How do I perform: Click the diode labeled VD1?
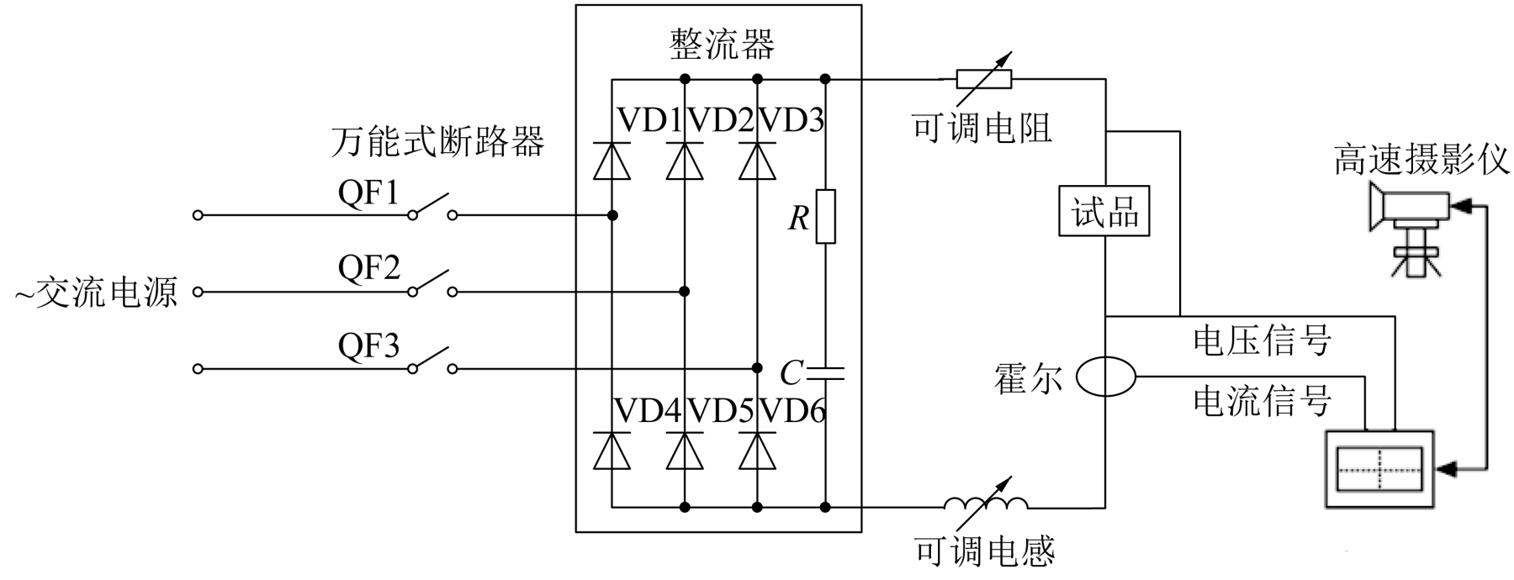pos(611,161)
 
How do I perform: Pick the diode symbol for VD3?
pos(757,161)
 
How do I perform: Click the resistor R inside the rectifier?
pos(825,217)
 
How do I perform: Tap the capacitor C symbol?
pos(825,371)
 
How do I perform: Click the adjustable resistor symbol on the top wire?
pos(983,76)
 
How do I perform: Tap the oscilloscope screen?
pos(1379,468)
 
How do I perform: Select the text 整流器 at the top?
pos(722,45)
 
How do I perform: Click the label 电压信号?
pos(1262,340)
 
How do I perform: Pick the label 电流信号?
pos(1262,400)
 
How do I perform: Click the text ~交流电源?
pos(97,293)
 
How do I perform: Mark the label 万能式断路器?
pos(437,141)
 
